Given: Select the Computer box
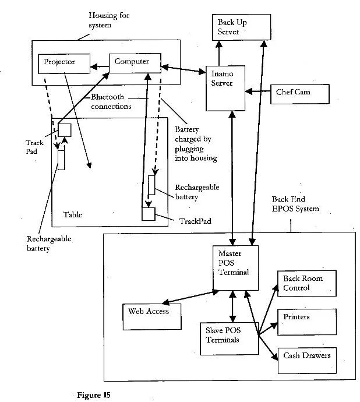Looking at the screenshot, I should [x=135, y=62].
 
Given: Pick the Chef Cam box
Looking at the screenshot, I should [x=299, y=93].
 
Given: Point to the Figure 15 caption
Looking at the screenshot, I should [x=93, y=394].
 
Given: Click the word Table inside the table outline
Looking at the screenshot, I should [x=73, y=215].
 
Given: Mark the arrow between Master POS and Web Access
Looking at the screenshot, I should [x=188, y=295].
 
